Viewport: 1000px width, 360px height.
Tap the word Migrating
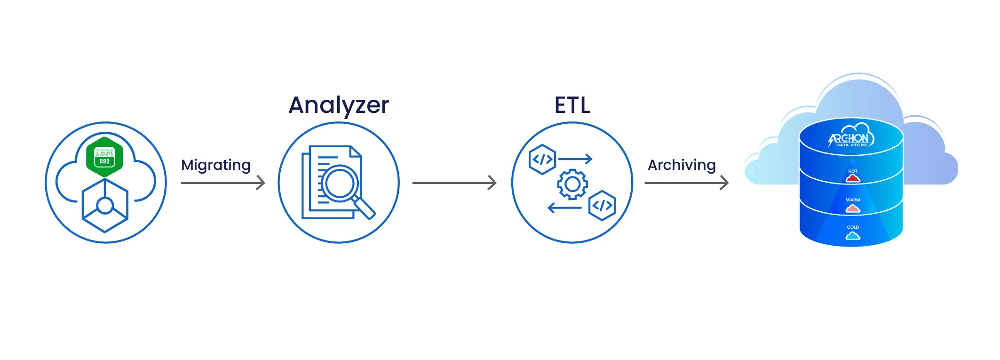point(216,165)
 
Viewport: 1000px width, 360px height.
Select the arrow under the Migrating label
point(223,183)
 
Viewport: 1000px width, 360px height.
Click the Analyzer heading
point(339,105)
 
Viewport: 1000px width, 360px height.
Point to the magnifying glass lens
point(339,183)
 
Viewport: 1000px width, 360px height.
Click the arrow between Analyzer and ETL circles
point(454,183)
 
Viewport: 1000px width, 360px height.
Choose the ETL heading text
point(572,105)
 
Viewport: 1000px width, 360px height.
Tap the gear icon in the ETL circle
point(572,184)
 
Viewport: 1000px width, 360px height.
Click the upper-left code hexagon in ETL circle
point(542,160)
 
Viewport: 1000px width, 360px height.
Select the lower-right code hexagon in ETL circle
point(602,206)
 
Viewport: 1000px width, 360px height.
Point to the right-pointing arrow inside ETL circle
point(575,159)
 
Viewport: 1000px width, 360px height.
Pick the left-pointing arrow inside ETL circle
point(564,208)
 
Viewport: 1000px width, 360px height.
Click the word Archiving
point(682,165)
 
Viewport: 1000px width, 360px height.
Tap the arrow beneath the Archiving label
point(686,183)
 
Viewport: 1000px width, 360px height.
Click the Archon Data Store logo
point(851,137)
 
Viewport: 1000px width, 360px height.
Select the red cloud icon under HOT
point(853,178)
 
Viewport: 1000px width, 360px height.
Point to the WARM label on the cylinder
point(853,200)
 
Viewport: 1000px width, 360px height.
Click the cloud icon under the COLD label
point(853,236)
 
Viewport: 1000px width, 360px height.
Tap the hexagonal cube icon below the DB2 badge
point(105,205)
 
